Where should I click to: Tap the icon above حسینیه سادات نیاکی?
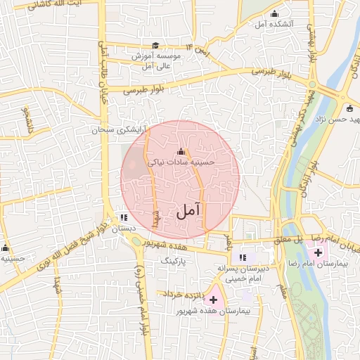click(x=181, y=151)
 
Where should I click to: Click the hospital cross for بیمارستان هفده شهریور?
click(x=213, y=300)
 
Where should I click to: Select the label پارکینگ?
click(x=176, y=260)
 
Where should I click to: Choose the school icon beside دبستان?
click(x=124, y=218)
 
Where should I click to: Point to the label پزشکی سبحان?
click(x=117, y=131)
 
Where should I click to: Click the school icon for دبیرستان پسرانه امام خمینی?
click(x=243, y=257)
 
